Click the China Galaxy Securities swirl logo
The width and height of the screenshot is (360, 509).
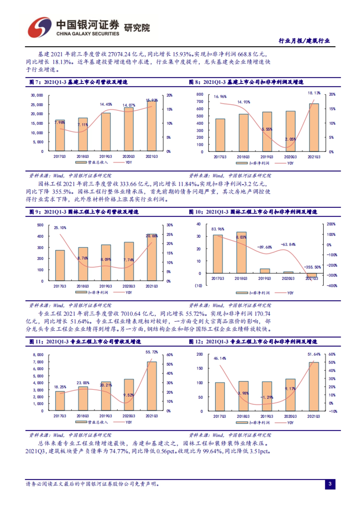(40, 27)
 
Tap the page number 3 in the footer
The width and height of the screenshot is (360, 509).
(330, 484)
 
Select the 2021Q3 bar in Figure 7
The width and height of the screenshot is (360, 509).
(151, 126)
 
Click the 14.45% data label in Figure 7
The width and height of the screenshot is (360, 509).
(106, 104)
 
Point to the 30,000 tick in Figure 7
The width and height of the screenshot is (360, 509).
(37, 95)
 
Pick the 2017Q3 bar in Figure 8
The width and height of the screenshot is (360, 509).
(220, 135)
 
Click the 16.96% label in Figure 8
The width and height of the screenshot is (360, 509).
(220, 97)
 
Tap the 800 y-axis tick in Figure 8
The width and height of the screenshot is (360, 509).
(200, 94)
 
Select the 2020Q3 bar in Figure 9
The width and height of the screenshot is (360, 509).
(129, 261)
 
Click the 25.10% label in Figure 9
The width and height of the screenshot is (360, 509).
(60, 228)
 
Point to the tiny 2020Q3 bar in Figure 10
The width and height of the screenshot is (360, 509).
(288, 272)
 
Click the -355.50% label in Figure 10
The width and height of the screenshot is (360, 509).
(312, 267)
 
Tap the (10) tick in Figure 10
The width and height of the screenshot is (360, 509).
(199, 286)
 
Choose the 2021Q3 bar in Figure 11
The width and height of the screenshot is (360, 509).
(151, 386)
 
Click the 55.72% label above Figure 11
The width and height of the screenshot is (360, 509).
(151, 352)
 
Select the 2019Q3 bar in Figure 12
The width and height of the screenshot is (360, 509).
(267, 396)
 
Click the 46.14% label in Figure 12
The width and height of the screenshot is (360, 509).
(220, 358)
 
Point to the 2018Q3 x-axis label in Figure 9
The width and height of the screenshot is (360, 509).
(83, 286)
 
